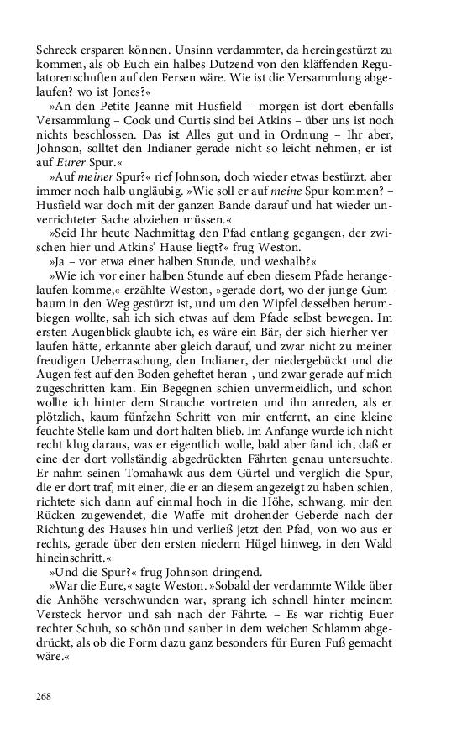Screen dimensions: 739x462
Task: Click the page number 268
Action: pos(45,695)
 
